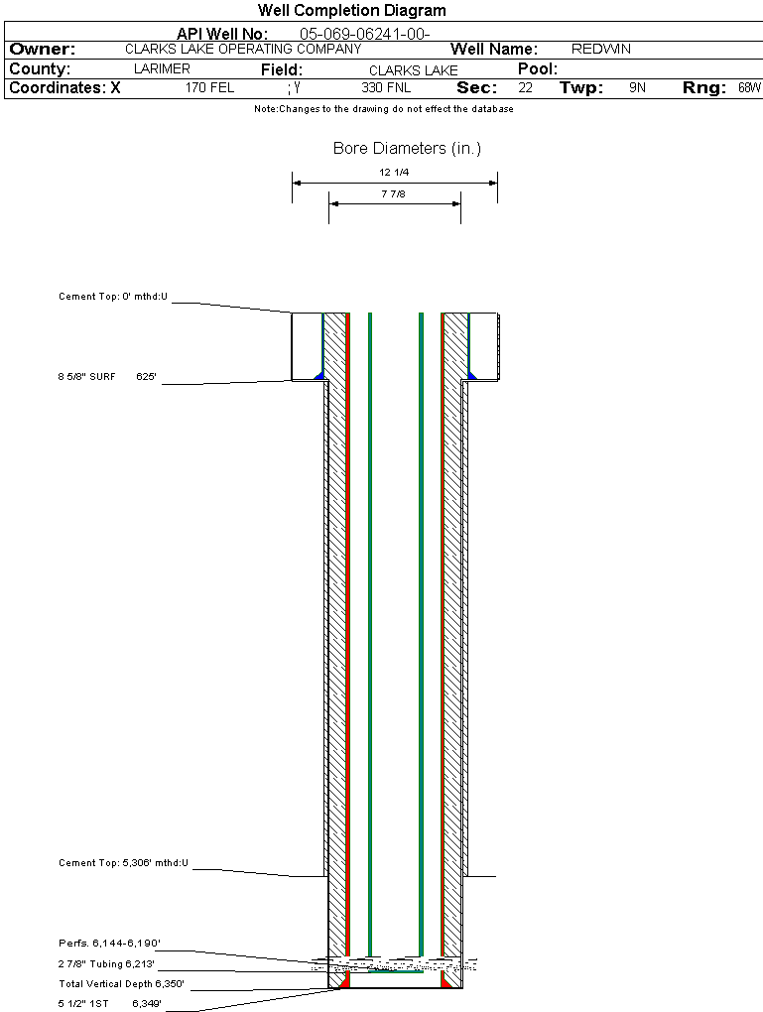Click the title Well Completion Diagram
coord(351,11)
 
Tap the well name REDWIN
coord(601,49)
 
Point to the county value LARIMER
coord(162,69)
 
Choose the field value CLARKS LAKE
coord(413,70)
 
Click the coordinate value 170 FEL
coord(209,87)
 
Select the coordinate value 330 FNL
coord(386,87)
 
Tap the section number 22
coord(526,87)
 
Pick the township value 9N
coord(637,87)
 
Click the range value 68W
coord(749,87)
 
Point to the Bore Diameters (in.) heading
coord(407,149)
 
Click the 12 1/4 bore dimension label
coord(394,173)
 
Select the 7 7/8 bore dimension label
coord(394,194)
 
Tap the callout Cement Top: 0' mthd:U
coord(113,297)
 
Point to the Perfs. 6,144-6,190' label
coord(109,944)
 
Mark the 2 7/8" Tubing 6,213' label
coord(106,964)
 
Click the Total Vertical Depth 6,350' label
coord(121,984)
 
